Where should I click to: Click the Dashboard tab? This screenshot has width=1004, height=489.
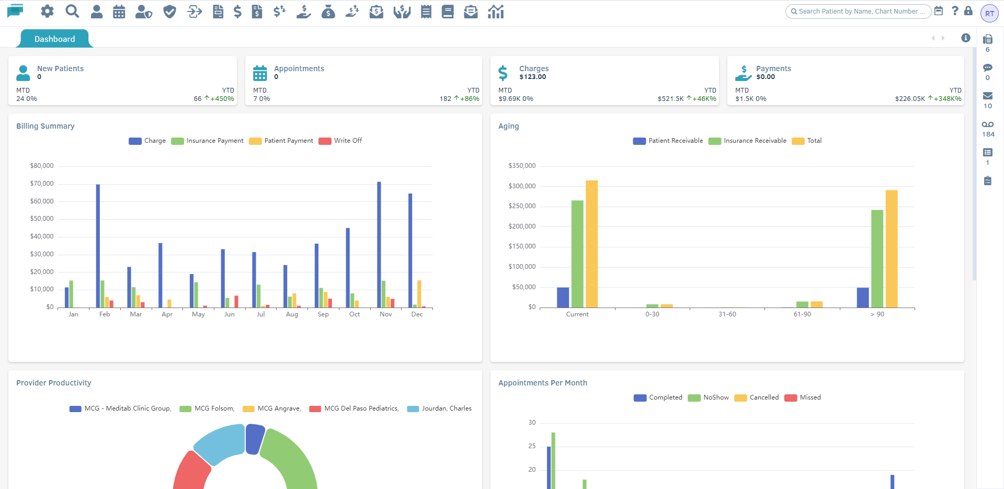coord(54,39)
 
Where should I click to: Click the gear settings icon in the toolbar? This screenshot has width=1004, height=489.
coord(47,11)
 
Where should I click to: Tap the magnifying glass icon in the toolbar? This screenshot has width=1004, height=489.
coord(72,11)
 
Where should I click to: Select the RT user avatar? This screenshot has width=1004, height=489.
coord(989,14)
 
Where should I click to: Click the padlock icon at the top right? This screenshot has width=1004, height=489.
coord(968,11)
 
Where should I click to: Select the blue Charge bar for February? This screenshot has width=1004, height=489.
coord(98,246)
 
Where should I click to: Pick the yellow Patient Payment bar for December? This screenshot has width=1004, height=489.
coord(419,293)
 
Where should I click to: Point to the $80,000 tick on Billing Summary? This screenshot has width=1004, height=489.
coord(42,166)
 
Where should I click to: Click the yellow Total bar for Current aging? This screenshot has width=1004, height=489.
coord(591,244)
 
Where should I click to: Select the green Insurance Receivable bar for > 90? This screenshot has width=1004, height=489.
coord(877,258)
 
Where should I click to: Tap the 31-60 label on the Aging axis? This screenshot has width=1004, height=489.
coord(727,314)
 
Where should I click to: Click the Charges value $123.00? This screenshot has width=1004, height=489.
coord(532,77)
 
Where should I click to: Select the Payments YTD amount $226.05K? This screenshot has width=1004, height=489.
coord(910,99)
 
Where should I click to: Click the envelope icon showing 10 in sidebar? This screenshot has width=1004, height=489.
coord(987,96)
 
